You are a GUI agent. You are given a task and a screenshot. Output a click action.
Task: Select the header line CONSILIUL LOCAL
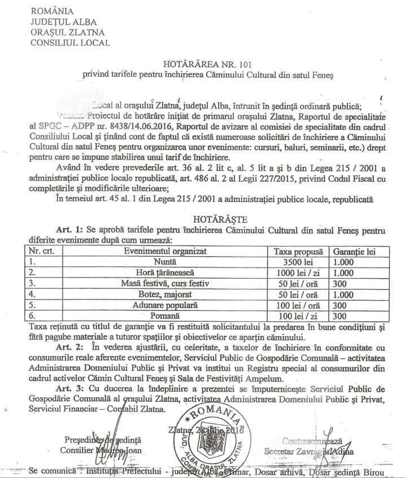point(71,42)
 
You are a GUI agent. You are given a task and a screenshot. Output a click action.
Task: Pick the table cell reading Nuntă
point(165,261)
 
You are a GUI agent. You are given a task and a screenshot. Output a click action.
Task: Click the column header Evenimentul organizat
point(165,251)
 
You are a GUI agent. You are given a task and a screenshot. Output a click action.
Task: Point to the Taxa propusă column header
point(297,251)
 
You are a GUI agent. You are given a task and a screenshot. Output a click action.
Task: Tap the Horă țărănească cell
point(165,272)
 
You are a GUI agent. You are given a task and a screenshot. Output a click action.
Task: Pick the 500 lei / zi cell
point(297,272)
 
